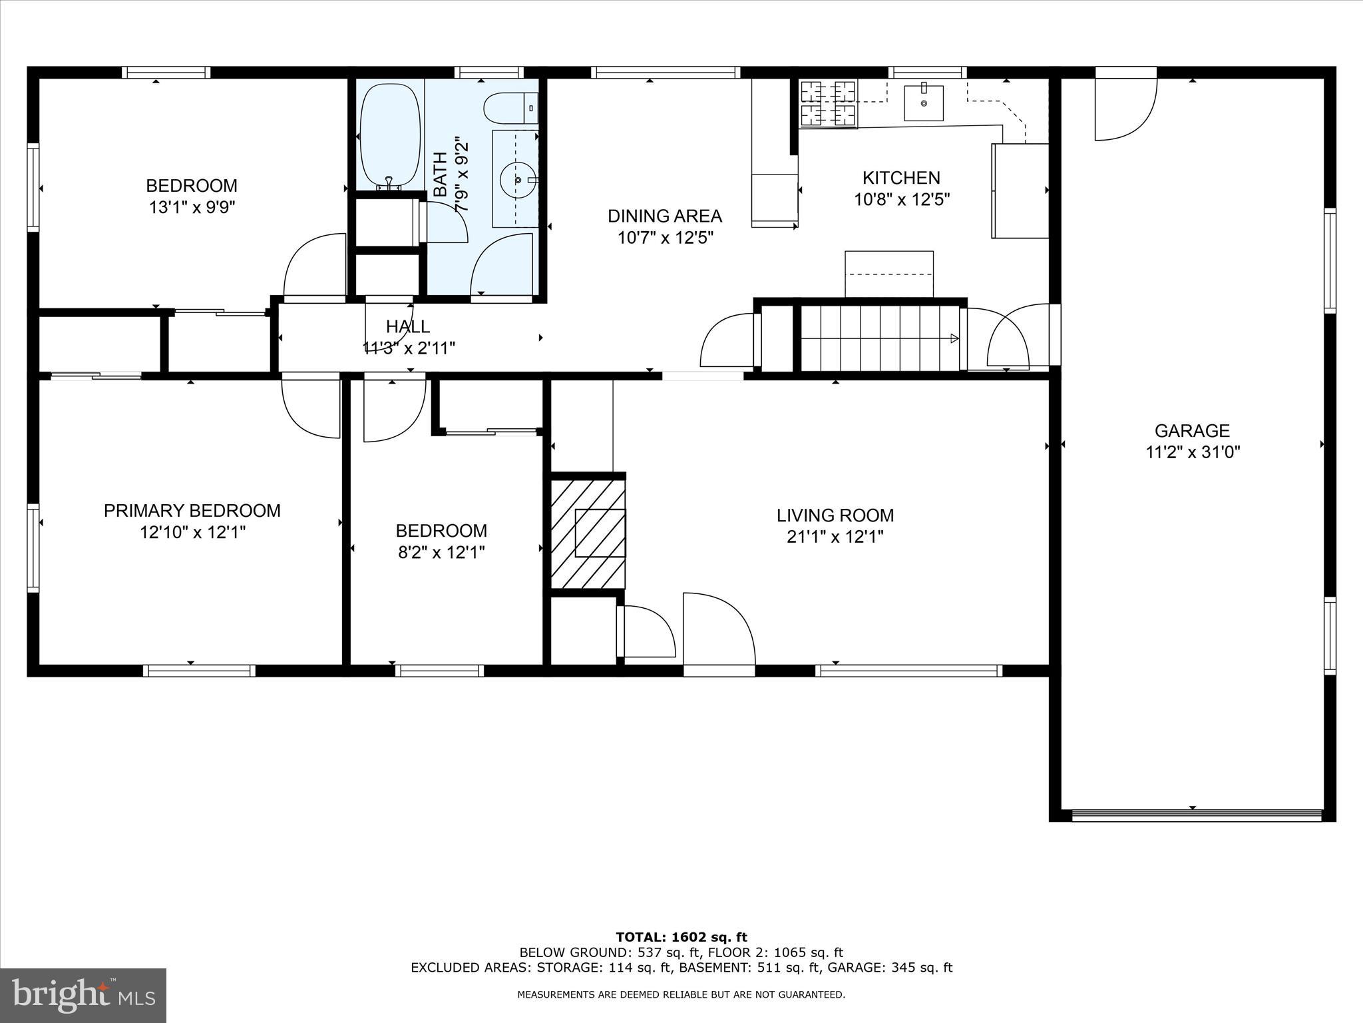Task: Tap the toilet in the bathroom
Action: [x=510, y=109]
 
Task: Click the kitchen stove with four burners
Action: [x=828, y=103]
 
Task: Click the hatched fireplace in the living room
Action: [x=588, y=533]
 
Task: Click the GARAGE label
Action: [x=1192, y=430]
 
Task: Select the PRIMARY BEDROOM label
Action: [x=192, y=511]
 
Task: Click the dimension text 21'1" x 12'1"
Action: [x=835, y=537]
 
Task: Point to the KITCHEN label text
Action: [x=901, y=178]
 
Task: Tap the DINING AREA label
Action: [x=664, y=216]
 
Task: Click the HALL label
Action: [x=408, y=326]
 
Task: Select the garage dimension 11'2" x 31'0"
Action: [x=1192, y=452]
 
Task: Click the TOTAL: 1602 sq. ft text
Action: [x=681, y=937]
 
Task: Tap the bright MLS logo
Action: [x=83, y=995]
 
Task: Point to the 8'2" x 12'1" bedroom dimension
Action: [x=441, y=553]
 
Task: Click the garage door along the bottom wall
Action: [x=1196, y=815]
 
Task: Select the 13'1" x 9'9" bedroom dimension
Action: [x=192, y=207]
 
